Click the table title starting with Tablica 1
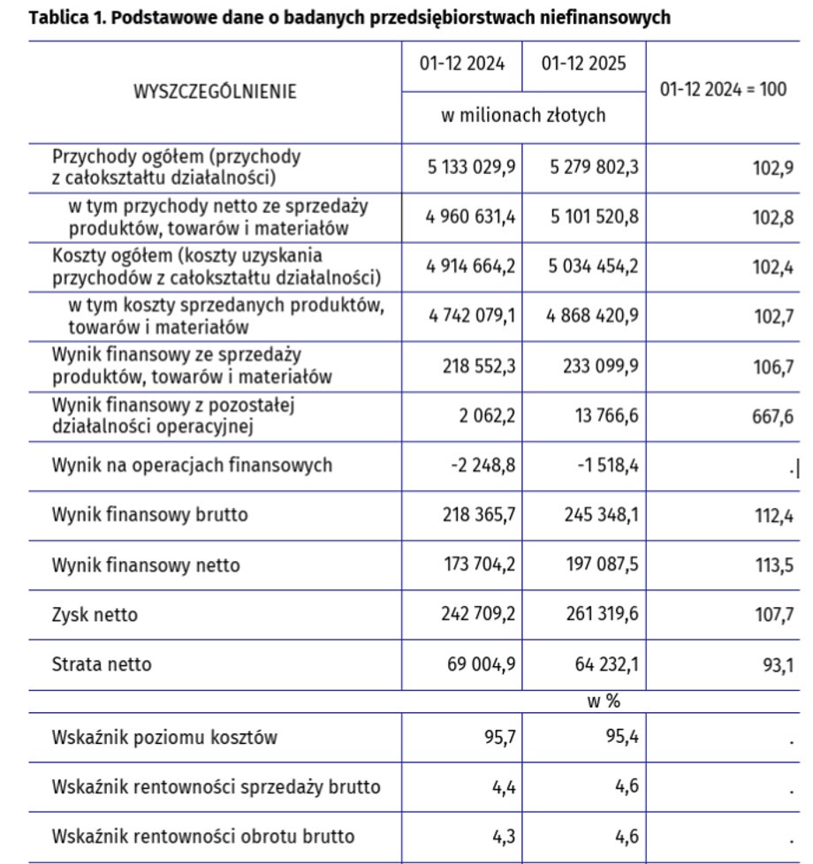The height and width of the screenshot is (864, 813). coord(349,18)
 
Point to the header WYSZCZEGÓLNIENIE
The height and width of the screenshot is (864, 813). coord(215,91)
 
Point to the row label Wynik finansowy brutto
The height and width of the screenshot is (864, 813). coord(150,514)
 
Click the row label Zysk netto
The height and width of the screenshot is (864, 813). coord(95,613)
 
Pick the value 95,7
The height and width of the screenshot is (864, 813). coord(499,737)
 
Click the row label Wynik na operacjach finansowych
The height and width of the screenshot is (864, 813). coord(193,465)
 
